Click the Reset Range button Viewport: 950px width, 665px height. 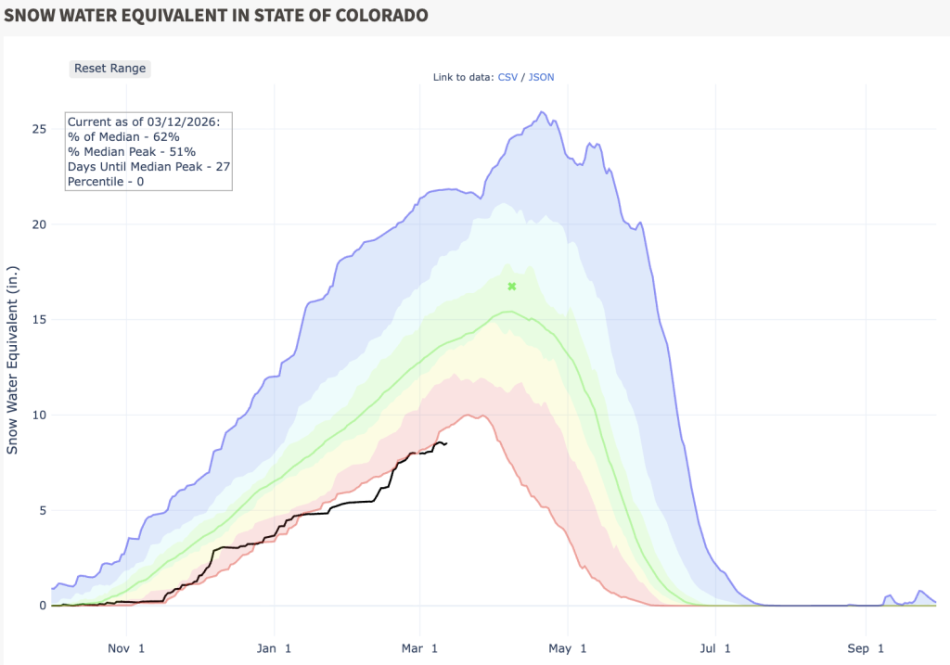tap(109, 68)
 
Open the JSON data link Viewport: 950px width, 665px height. tap(541, 77)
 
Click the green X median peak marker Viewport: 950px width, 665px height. tap(511, 287)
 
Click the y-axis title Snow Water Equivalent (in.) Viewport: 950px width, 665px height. tap(13, 365)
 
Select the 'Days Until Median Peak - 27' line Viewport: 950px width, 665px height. tap(146, 166)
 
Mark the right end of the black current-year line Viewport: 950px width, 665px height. tap(446, 443)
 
